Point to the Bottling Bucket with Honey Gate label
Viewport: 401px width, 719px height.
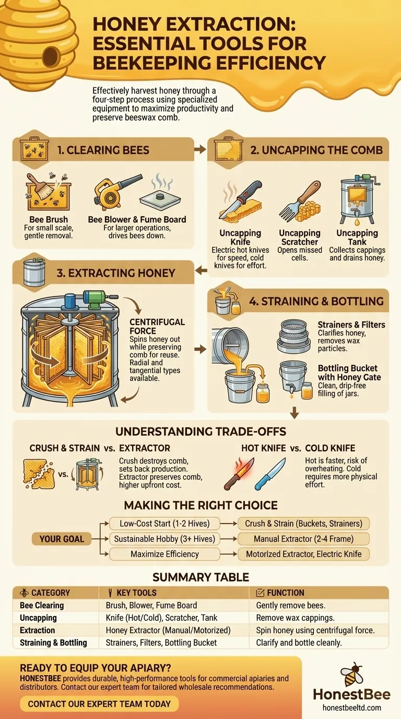pos(349,372)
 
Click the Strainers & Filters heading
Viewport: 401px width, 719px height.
pos(351,324)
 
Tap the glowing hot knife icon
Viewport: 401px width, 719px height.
pos(239,473)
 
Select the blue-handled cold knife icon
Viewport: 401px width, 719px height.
pos(270,473)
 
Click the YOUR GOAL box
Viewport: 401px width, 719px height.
pos(62,539)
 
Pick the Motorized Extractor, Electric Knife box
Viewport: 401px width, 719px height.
pos(303,554)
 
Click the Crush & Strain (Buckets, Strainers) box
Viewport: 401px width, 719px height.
pos(303,524)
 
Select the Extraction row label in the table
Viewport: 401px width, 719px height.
pos(37,630)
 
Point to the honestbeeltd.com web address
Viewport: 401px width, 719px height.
pos(351,708)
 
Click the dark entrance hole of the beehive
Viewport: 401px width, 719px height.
pos(51,54)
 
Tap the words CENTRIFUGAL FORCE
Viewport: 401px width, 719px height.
pos(157,326)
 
